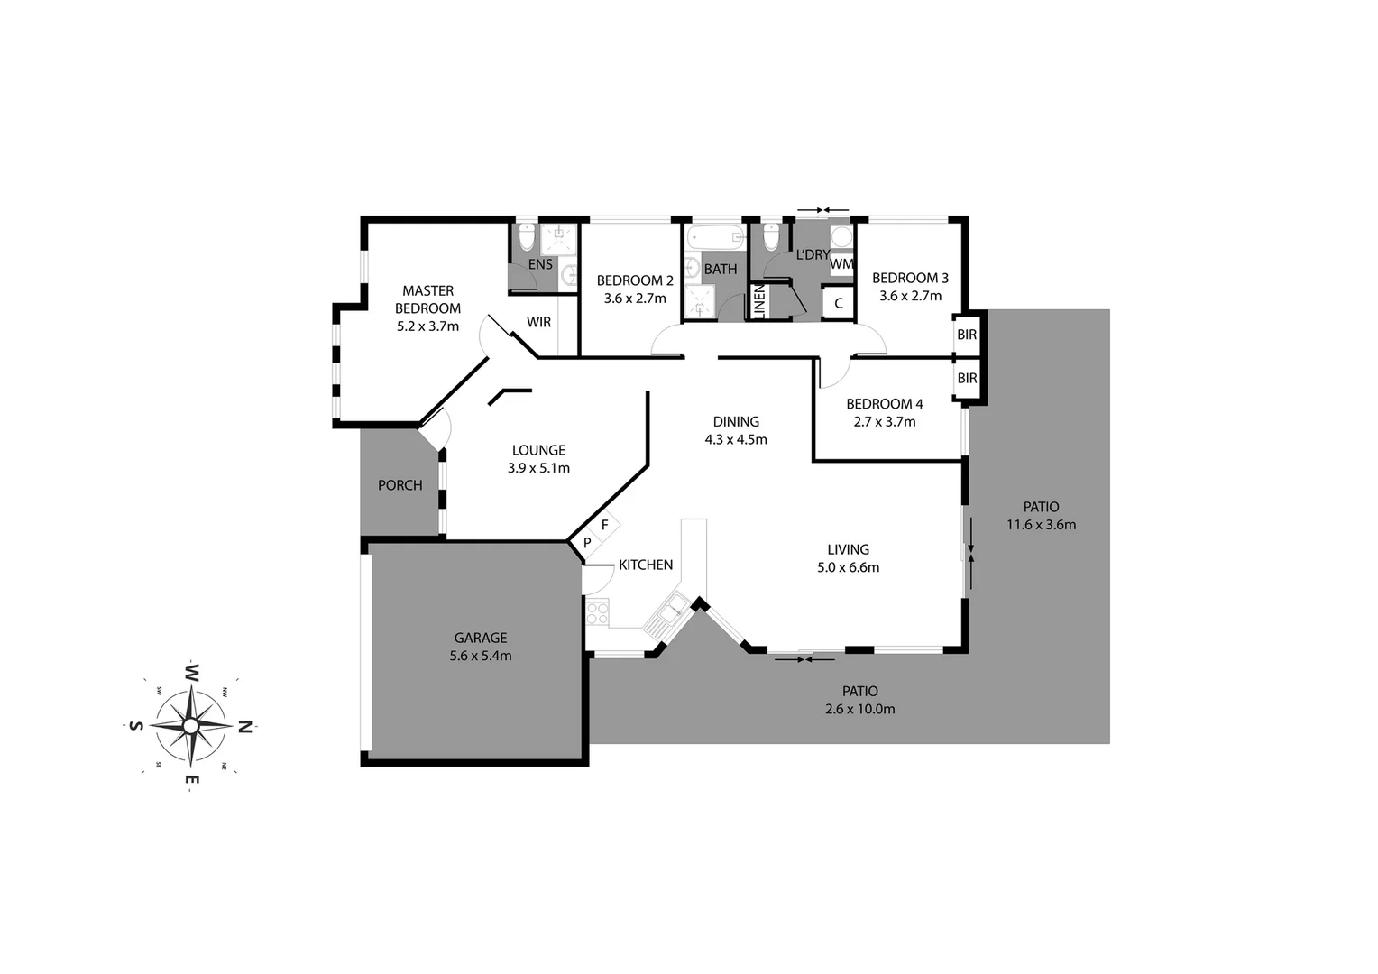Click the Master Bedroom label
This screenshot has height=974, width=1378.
(428, 299)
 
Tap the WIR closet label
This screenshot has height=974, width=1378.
(538, 322)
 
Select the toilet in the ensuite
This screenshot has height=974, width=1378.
(528, 237)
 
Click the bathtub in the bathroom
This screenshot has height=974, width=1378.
(714, 239)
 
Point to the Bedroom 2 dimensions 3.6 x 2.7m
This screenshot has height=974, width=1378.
(635, 299)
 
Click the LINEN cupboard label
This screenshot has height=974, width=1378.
(759, 301)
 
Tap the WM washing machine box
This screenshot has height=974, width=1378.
(841, 264)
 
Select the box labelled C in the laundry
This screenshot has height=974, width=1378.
(839, 303)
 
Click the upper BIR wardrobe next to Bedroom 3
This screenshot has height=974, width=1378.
(967, 335)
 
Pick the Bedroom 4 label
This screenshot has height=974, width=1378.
(885, 404)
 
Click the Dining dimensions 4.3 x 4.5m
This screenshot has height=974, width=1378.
(736, 440)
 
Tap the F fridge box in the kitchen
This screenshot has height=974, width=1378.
(605, 525)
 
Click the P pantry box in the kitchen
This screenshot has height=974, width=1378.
(587, 543)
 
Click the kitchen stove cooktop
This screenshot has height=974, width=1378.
(597, 613)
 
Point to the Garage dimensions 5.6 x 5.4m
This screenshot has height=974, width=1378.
(481, 657)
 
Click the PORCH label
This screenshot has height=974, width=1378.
(400, 485)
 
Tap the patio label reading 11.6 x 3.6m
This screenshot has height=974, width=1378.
(1041, 525)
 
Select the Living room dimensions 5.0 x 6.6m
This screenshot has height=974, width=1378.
(848, 568)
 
